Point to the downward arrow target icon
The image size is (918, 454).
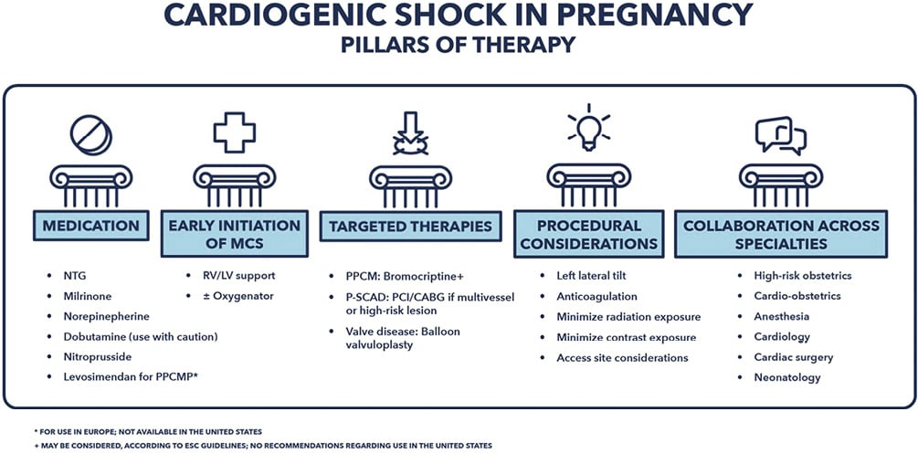(410, 133)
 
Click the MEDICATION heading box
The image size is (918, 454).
(90, 226)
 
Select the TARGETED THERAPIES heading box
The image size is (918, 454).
(410, 226)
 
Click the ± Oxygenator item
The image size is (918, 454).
(239, 295)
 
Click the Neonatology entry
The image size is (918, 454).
(786, 377)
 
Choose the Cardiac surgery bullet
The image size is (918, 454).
(793, 357)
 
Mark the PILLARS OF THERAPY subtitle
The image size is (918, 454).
(458, 44)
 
